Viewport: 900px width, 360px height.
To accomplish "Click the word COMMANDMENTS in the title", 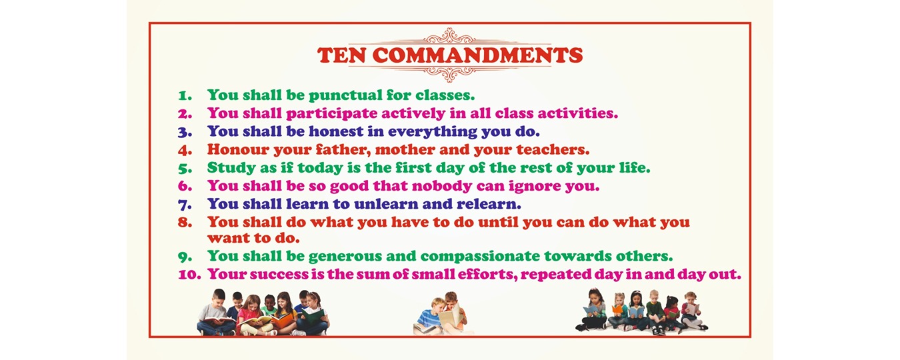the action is point(477,55).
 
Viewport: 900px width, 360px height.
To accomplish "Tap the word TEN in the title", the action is point(341,55).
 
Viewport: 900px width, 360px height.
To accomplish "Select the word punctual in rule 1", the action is point(345,95).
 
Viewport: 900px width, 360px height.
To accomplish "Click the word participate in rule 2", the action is point(331,114).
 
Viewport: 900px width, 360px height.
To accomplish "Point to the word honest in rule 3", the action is point(336,131).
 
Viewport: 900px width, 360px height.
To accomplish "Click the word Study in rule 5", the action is point(231,168).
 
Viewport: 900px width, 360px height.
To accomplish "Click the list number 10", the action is point(189,275).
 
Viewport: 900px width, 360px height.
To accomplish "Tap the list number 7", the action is point(185,205).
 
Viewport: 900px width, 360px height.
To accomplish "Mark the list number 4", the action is point(185,150).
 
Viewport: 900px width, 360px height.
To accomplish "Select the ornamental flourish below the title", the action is point(450,73).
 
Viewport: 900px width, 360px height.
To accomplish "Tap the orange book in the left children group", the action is point(283,321).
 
